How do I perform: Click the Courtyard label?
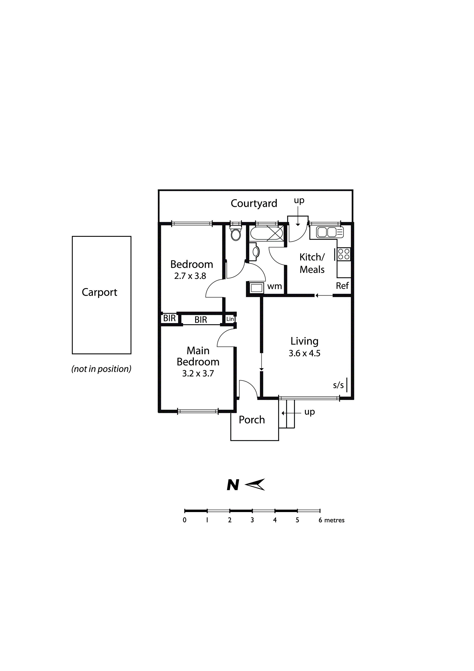(254, 203)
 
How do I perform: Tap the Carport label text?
(99, 292)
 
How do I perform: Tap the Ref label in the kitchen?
(342, 286)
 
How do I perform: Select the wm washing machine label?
(274, 286)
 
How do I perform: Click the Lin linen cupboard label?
(230, 319)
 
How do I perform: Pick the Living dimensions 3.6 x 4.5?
(305, 353)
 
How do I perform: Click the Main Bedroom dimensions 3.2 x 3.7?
(198, 374)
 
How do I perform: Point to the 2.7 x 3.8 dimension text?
(190, 276)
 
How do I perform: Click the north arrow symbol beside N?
(255, 485)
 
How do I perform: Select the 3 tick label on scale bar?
(252, 520)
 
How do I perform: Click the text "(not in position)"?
(101, 369)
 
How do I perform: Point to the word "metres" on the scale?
(334, 520)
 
